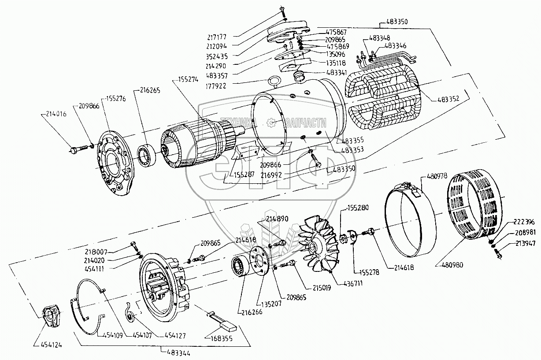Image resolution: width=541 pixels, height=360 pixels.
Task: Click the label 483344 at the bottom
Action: tap(175, 351)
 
